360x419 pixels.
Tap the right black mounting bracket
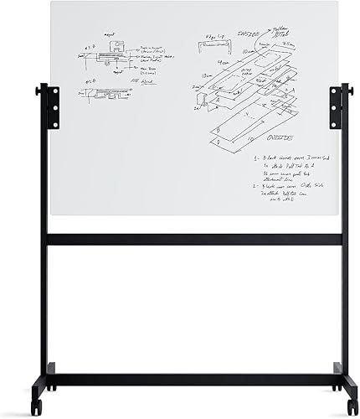click(337, 106)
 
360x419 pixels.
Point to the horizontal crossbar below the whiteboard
click(194, 239)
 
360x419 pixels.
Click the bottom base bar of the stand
click(194, 380)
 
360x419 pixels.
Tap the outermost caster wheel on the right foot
click(352, 409)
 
